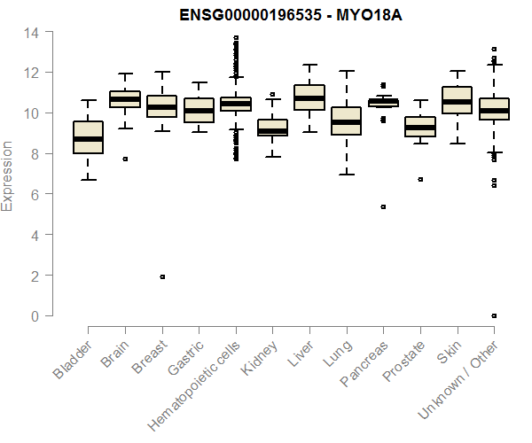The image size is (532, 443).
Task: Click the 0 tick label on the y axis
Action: point(34,315)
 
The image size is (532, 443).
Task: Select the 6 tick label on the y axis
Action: point(34,194)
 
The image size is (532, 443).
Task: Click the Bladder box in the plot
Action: point(88,137)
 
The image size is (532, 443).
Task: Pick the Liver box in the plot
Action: point(309,97)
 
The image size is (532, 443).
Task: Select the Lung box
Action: point(346,120)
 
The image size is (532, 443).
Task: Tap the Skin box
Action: point(457,100)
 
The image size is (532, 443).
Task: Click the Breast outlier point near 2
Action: point(161,276)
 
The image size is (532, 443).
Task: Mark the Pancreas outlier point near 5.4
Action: point(383,206)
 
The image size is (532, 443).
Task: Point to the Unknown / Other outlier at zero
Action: point(494,315)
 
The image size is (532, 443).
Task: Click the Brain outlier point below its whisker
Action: point(125,159)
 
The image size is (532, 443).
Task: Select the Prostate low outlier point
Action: point(420,179)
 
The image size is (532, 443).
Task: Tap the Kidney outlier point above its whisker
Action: point(272,94)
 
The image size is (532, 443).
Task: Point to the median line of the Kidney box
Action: point(272,131)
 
